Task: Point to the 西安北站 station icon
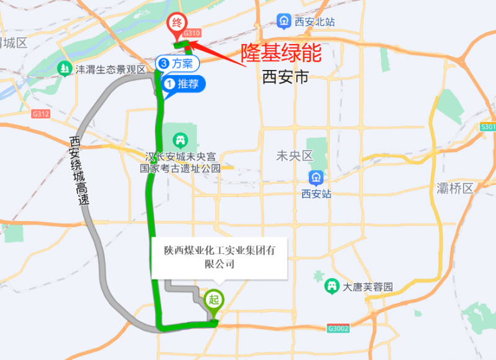click(x=284, y=22)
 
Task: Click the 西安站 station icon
click(x=316, y=178)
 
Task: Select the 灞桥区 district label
click(x=455, y=188)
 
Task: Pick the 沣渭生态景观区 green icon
click(x=64, y=69)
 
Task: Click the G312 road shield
click(x=42, y=114)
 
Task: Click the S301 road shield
click(x=488, y=127)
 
